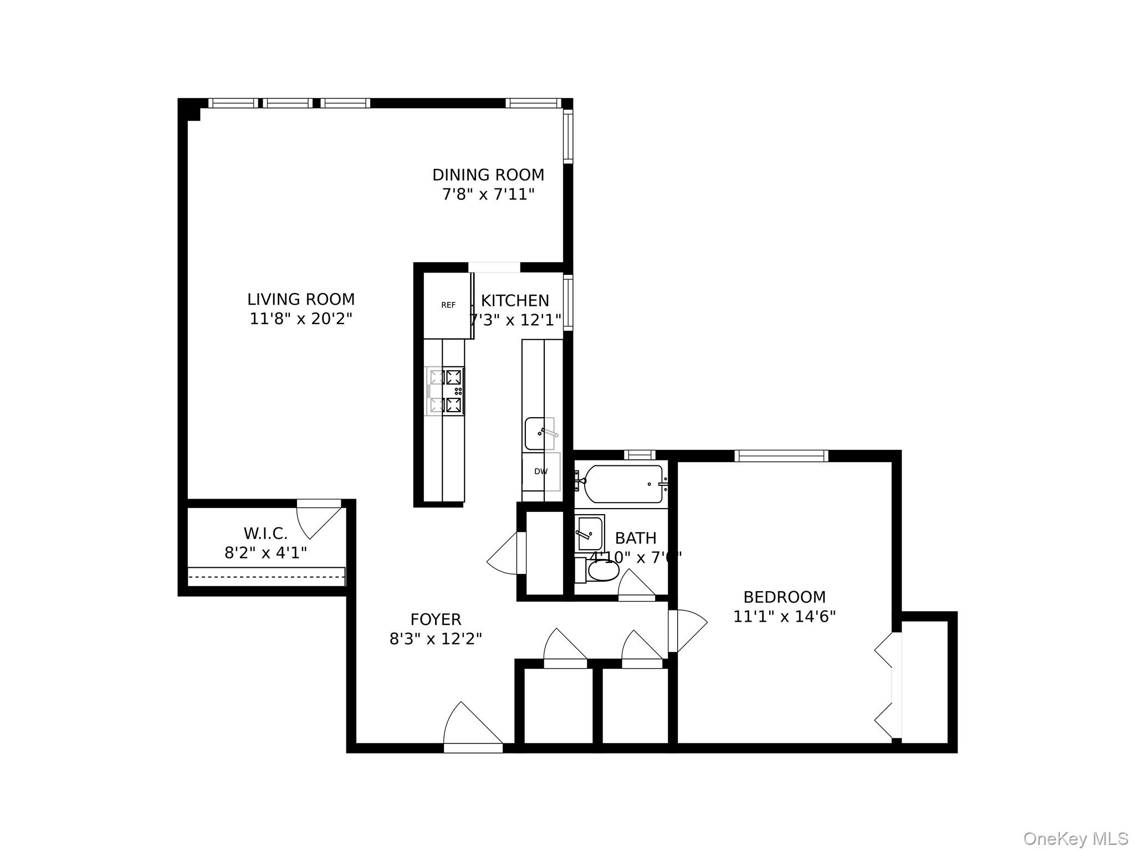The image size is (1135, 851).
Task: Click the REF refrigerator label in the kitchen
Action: [448, 305]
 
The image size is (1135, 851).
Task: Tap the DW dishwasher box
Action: [541, 471]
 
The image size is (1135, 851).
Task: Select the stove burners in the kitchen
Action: [446, 391]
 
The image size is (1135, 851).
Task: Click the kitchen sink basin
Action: [539, 433]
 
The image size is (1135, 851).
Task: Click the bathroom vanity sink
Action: [590, 533]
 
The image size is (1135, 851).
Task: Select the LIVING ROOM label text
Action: [301, 300]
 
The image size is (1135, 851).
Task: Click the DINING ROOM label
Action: [488, 175]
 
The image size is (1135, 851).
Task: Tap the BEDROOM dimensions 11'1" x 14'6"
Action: [784, 617]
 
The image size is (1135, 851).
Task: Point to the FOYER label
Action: [436, 619]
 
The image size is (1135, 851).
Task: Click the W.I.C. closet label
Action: [265, 534]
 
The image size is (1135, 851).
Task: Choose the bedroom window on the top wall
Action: [781, 456]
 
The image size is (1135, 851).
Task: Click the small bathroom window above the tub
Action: [639, 455]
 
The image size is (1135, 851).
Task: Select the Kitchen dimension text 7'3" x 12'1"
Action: [516, 320]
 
